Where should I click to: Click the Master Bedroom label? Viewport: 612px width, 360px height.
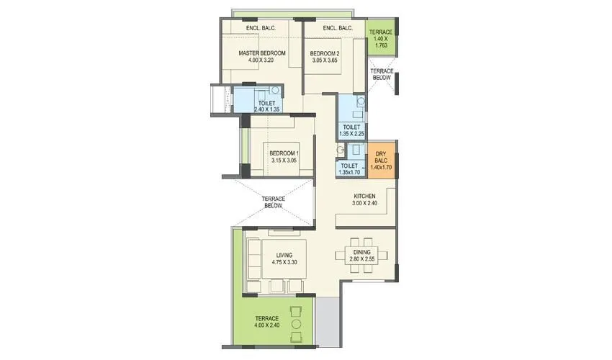262,53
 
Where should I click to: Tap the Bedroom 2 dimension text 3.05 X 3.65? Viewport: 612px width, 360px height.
325,60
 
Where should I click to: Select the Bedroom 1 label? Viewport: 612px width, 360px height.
284,153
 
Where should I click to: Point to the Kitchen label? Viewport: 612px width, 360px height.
364,195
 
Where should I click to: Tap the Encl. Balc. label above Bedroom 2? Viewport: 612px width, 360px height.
337,28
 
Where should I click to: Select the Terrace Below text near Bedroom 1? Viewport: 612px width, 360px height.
273,202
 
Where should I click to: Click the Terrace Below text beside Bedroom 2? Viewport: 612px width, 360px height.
382,74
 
